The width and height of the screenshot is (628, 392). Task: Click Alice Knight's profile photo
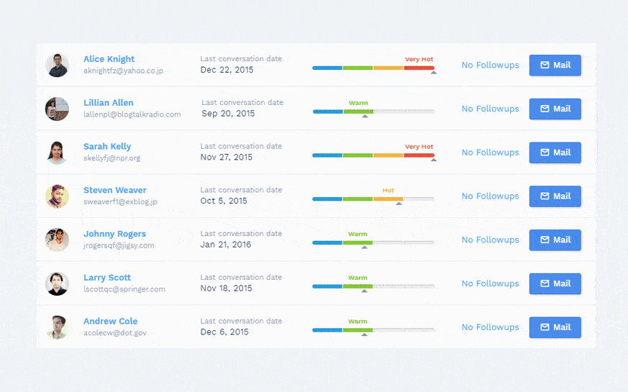[x=57, y=65]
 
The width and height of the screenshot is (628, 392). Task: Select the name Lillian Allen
[x=108, y=103]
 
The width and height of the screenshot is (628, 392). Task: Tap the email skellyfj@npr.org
[x=112, y=158]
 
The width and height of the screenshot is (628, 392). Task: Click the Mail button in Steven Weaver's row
[x=555, y=196]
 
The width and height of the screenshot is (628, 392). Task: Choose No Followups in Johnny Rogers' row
[x=490, y=240]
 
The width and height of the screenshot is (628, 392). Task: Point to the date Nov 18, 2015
[x=226, y=288]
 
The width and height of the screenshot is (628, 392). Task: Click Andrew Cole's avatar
[x=57, y=327]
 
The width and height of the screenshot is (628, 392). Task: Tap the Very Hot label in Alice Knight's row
[x=419, y=60]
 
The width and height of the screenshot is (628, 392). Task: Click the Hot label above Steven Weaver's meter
[x=388, y=191]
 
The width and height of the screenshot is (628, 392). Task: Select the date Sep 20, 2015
[x=228, y=114]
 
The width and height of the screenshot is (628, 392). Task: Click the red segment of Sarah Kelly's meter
[x=419, y=155]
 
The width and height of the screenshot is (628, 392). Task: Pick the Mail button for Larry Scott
[x=555, y=283]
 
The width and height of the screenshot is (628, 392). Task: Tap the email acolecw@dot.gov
[x=115, y=333]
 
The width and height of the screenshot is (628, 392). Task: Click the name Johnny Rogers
[x=114, y=234]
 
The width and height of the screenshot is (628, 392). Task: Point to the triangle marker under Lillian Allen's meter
[x=365, y=117]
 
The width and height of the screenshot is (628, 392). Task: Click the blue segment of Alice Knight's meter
[x=327, y=68]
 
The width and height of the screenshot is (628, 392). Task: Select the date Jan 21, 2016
[x=226, y=245]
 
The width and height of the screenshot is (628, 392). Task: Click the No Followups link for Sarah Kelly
[x=490, y=152]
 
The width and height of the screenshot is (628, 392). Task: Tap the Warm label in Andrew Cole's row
[x=358, y=322]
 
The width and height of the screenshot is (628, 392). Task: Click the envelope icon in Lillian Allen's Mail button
[x=545, y=109]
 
